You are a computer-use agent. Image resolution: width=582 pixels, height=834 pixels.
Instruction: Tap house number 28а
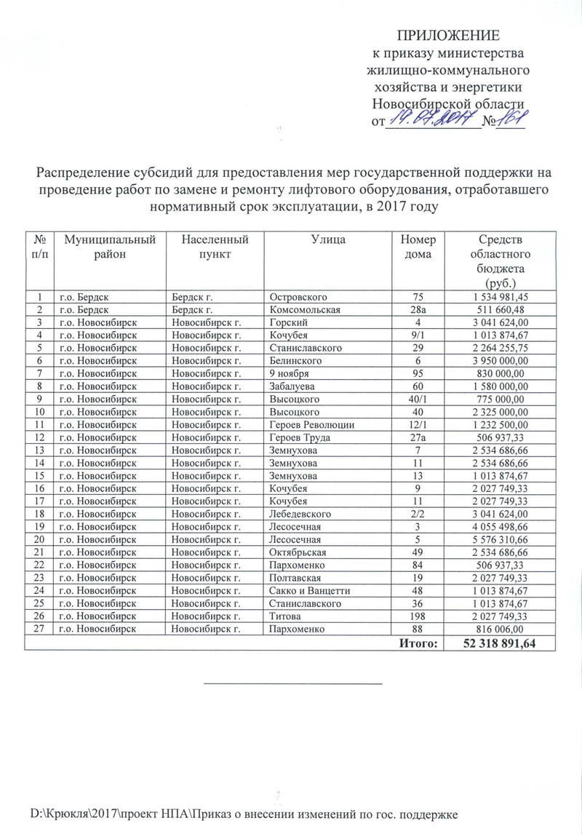(x=418, y=309)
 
